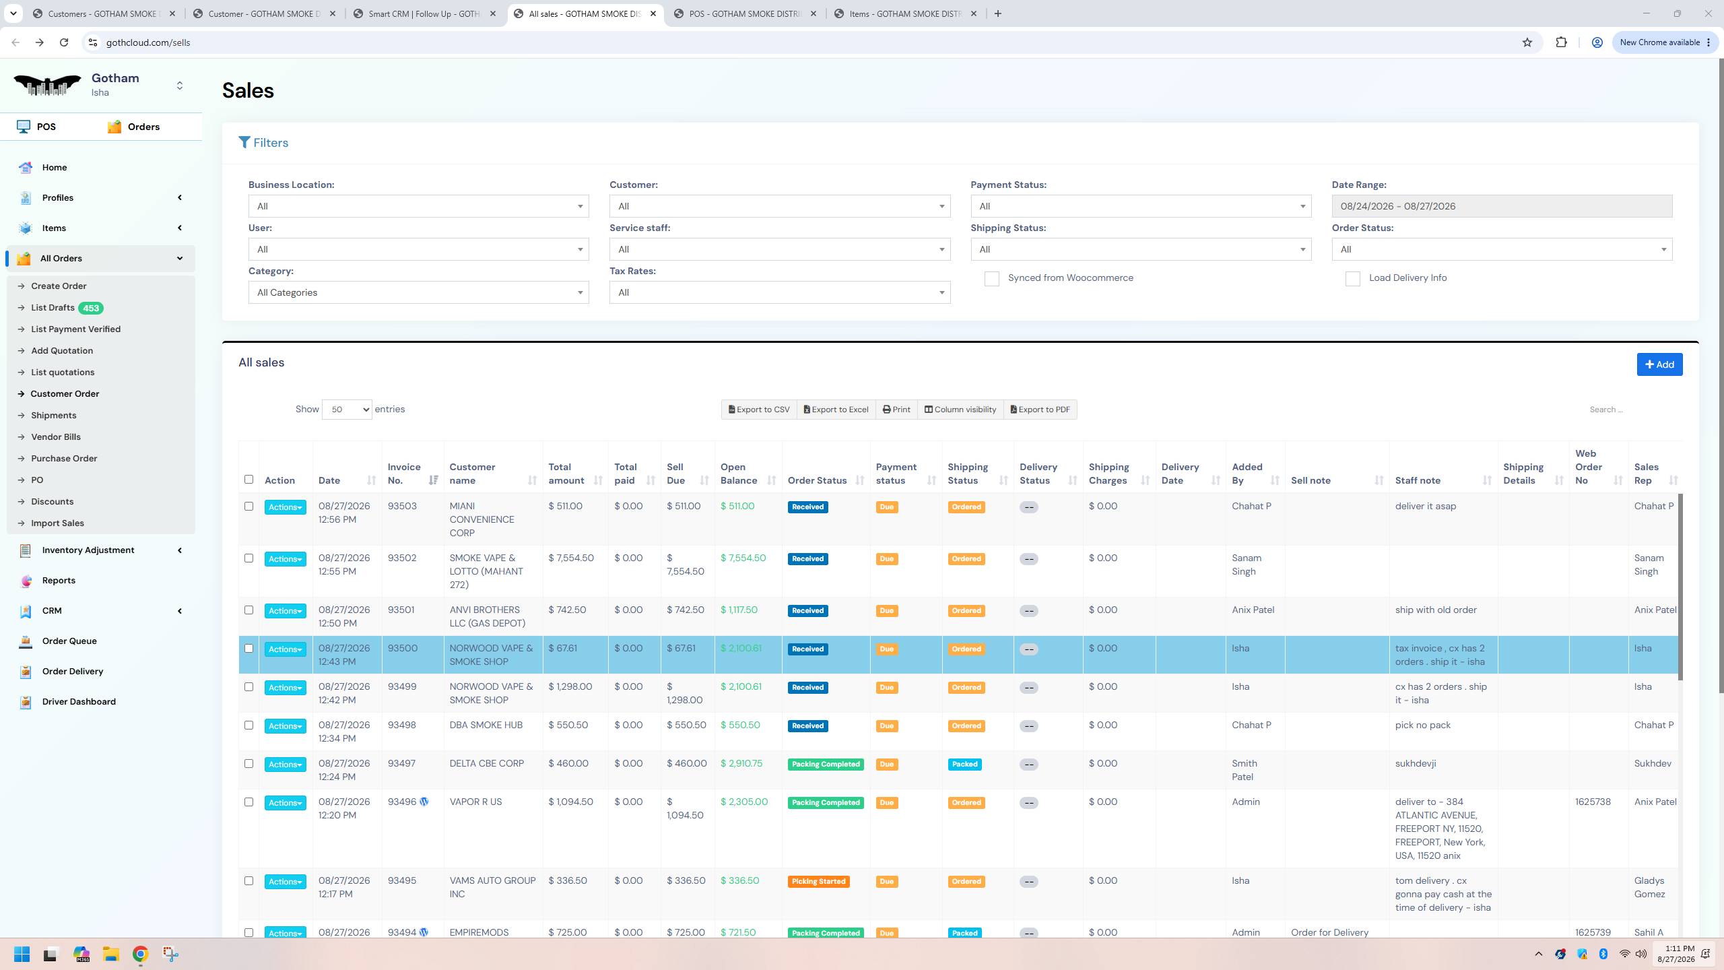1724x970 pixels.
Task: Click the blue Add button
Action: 1659,364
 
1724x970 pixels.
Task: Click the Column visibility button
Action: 960,410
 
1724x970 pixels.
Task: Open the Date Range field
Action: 1502,206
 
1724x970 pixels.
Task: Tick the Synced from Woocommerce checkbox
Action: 991,279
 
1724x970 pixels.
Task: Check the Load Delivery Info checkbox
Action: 1352,279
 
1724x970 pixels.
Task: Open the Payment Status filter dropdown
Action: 1141,206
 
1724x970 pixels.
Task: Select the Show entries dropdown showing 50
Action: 347,410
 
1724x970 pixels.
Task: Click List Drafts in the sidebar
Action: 53,308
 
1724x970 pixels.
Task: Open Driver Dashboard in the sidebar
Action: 79,702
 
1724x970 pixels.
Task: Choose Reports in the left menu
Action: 59,581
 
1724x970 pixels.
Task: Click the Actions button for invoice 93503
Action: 285,507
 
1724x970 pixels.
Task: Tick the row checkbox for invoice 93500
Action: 248,649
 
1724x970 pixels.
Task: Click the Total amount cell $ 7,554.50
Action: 571,558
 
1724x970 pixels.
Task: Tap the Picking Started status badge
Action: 818,882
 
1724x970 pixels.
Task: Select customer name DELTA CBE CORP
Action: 487,764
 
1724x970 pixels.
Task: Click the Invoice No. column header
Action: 404,474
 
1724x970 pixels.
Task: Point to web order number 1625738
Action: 1593,802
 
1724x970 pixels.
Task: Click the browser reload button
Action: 64,42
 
